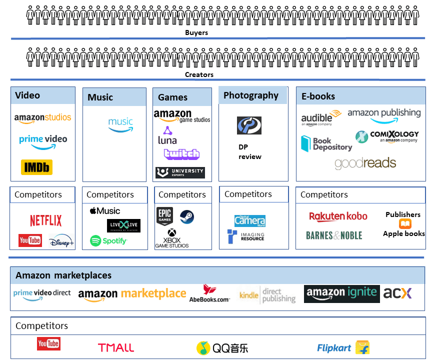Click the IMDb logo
coord(36,167)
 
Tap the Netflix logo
coord(45,220)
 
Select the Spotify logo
coord(108,241)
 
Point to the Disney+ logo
coord(61,241)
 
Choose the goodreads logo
coord(365,163)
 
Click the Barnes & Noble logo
coord(334,235)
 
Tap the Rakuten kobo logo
coord(338,216)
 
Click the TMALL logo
coord(116,347)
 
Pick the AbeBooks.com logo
coord(209,293)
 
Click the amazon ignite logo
coord(341,293)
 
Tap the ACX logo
coord(397,293)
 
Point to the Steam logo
coord(187,216)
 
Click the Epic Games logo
coord(164,216)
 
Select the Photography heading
coord(251,95)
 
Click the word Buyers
coord(196,32)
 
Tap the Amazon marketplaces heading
coord(63,275)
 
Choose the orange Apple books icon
coord(405,224)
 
